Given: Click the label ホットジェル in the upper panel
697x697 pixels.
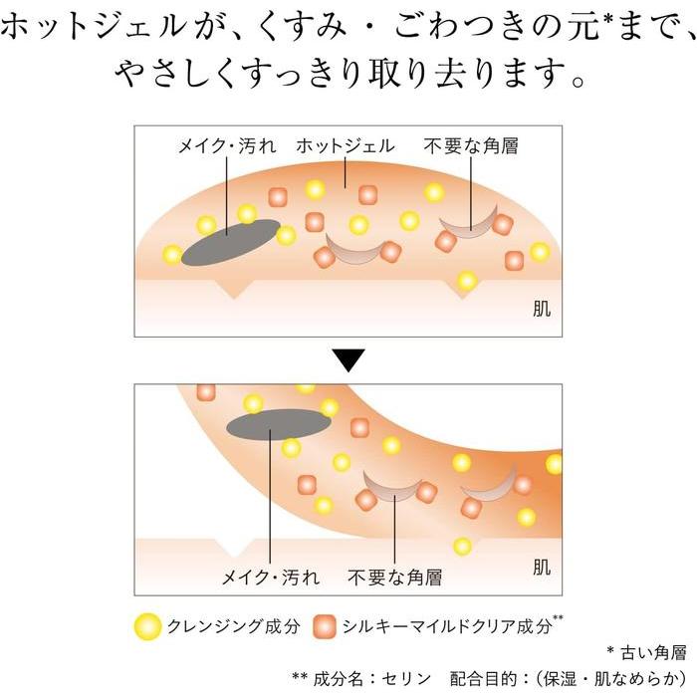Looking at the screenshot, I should (346, 146).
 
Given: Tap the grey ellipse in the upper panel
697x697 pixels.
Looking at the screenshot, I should (230, 238).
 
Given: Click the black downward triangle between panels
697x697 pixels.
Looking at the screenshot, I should (348, 360).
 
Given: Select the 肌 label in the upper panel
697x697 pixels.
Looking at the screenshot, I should (541, 311).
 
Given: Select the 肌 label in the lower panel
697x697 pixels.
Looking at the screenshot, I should (541, 569).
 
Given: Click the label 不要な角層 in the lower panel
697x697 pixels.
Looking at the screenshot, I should (395, 578).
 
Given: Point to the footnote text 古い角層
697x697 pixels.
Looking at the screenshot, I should (654, 652).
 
